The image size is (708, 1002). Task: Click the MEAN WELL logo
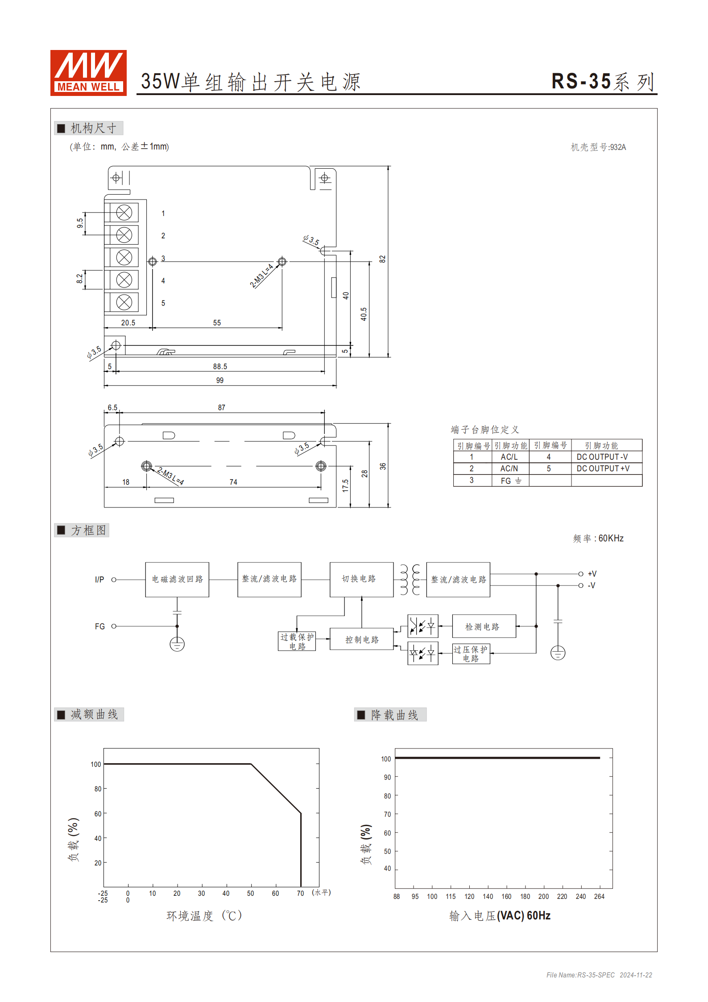click(88, 73)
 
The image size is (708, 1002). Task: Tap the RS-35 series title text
click(602, 82)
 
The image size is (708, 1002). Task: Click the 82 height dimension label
click(382, 259)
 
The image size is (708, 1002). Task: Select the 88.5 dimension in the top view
click(219, 366)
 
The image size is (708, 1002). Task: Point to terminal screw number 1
click(124, 212)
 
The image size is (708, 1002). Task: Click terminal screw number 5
click(124, 302)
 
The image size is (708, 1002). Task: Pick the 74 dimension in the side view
click(233, 482)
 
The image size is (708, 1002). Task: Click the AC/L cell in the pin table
click(509, 457)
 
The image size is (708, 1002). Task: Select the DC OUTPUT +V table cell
click(603, 469)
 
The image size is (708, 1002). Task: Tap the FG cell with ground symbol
click(510, 481)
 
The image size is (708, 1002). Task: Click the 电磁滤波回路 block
click(177, 579)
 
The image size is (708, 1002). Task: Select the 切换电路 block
click(361, 579)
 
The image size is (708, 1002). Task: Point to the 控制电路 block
click(361, 640)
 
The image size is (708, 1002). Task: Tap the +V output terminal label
click(592, 574)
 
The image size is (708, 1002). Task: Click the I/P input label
click(99, 580)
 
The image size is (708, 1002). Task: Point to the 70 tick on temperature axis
click(300, 894)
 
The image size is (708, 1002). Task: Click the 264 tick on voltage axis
click(599, 897)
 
